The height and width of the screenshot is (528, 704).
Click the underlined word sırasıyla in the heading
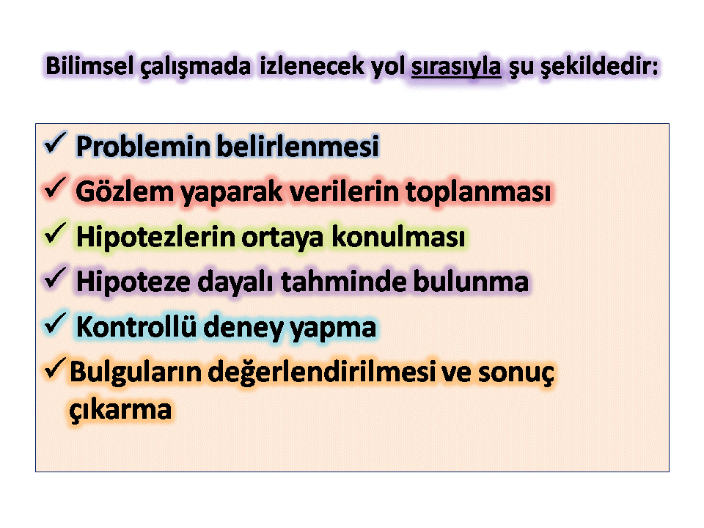[x=455, y=67]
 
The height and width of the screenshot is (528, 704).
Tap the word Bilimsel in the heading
[x=89, y=65]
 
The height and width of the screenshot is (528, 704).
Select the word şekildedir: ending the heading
[x=599, y=67]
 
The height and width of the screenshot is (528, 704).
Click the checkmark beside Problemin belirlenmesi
[x=55, y=143]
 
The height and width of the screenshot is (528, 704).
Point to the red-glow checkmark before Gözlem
[x=55, y=188]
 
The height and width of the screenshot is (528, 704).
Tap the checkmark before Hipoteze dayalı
[x=55, y=279]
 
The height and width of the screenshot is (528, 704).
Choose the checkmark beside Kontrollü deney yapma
[x=55, y=323]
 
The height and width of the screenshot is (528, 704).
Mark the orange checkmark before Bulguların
[x=55, y=369]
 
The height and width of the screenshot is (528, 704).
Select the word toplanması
[x=479, y=192]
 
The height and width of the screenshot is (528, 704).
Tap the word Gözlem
[x=125, y=191]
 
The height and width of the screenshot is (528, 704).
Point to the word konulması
[x=399, y=237]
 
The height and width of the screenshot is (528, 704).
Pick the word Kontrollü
[x=136, y=326]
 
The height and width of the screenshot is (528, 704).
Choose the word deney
[x=243, y=329]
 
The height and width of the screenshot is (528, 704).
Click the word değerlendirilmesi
[x=321, y=373]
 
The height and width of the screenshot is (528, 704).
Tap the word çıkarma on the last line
[x=120, y=411]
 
